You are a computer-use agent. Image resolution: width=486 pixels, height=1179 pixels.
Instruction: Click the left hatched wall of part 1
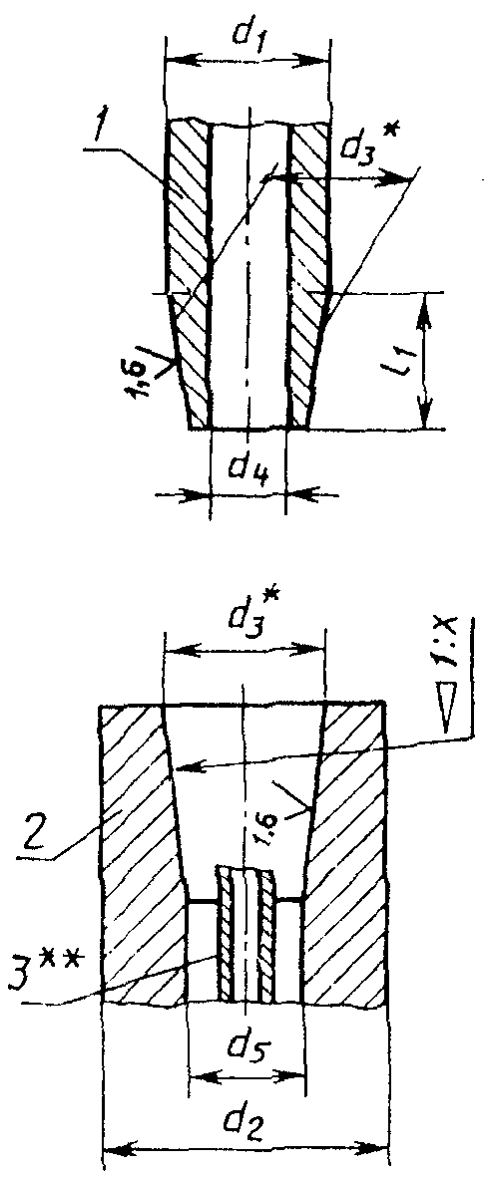[189, 273]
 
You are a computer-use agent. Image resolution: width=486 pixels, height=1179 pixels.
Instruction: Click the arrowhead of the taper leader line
[186, 767]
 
